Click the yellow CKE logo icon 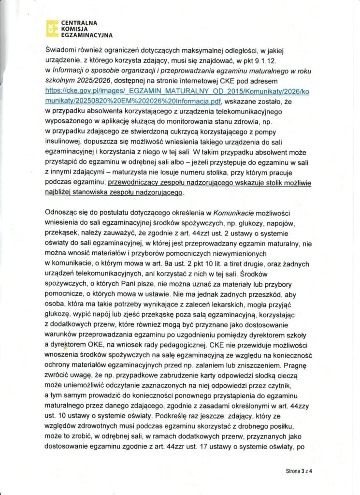coord(50,29)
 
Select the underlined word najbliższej coord(62,192)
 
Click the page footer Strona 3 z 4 coord(299,470)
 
